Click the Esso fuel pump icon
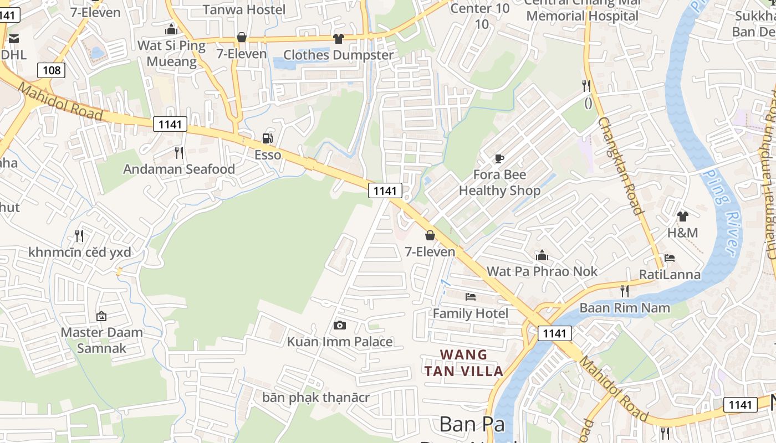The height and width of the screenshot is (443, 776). point(267,138)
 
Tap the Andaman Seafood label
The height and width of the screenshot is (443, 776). point(179,169)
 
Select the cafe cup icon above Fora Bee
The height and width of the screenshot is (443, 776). point(499,159)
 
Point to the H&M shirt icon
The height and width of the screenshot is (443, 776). point(682,216)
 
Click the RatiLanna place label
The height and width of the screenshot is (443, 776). point(670,274)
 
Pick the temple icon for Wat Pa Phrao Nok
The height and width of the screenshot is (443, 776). point(542,255)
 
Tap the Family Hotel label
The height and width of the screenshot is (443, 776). point(470,313)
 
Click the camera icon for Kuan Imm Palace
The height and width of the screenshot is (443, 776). point(340,325)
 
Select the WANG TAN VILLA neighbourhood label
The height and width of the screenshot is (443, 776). point(464,363)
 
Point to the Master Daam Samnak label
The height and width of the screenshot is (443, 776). point(101,340)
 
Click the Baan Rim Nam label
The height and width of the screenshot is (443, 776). point(625,307)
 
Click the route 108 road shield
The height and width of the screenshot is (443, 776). point(52,70)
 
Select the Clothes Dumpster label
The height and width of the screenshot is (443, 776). point(338,55)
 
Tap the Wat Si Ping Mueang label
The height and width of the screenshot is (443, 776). point(171,53)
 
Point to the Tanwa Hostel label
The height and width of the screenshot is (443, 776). point(244,9)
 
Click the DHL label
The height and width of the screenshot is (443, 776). point(13,55)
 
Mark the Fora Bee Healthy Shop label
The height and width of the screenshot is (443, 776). point(499,183)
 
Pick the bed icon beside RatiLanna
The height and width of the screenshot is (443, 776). point(670,258)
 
